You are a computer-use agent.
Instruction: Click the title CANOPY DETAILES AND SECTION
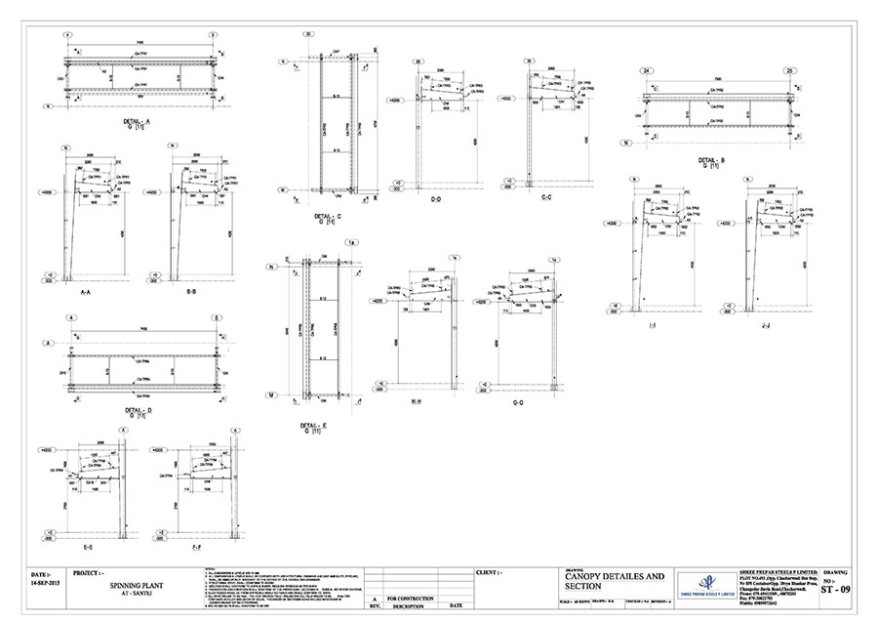coord(615,582)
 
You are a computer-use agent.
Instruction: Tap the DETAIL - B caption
coord(717,159)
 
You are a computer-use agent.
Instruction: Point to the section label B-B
coord(191,291)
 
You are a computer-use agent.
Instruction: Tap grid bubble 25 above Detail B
coord(790,70)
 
